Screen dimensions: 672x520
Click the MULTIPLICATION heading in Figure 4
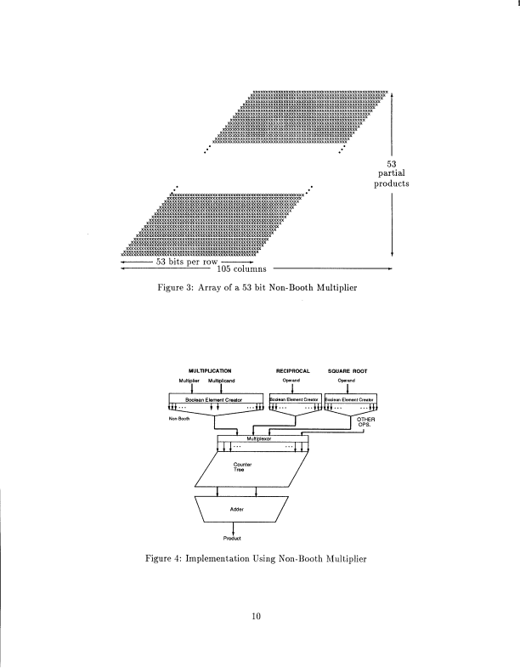pyautogui.click(x=209, y=371)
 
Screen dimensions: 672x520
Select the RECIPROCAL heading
pyautogui.click(x=292, y=371)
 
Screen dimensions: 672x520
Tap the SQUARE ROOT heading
pyautogui.click(x=348, y=371)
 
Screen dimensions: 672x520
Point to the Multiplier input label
pyautogui.click(x=189, y=381)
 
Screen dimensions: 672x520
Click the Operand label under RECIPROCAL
pyautogui.click(x=292, y=381)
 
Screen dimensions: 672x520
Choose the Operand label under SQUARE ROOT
pyautogui.click(x=348, y=381)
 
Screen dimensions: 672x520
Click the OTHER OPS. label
pyautogui.click(x=368, y=420)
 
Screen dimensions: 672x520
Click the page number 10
pyautogui.click(x=259, y=617)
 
